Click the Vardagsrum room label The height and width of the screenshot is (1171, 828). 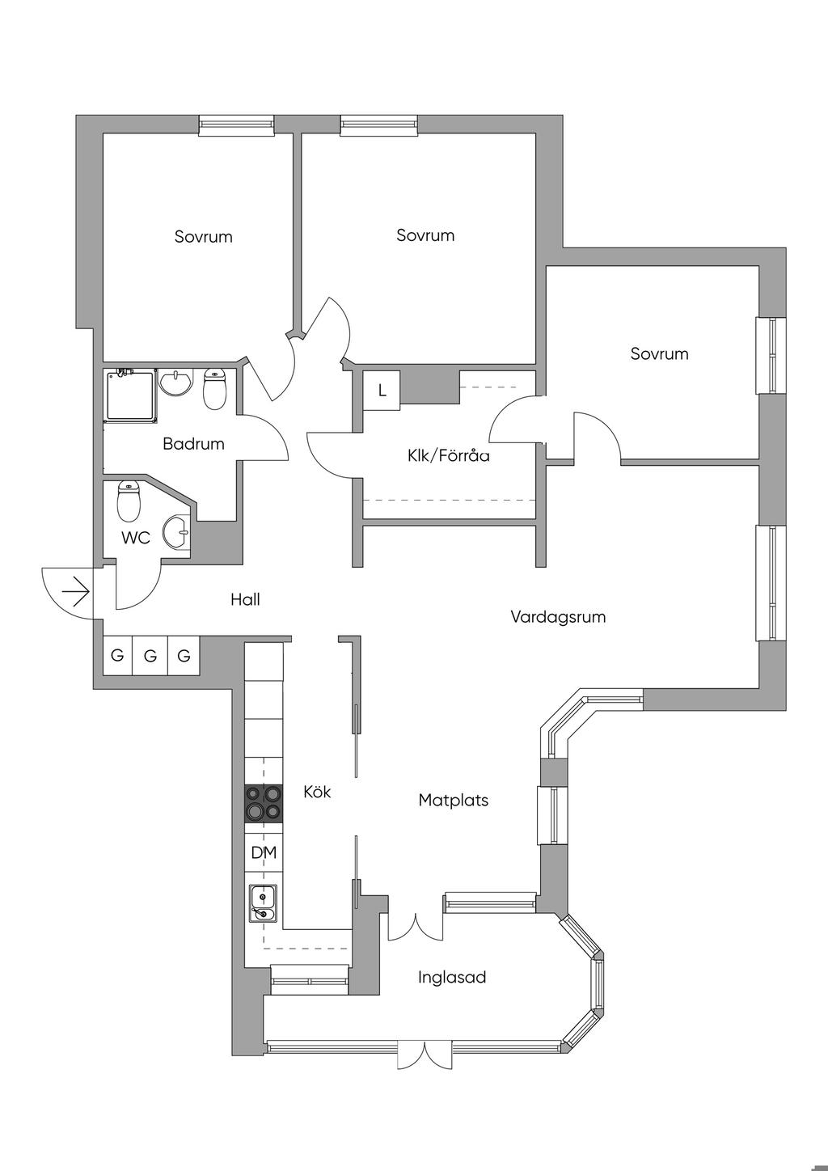click(558, 617)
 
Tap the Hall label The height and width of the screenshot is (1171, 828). click(245, 599)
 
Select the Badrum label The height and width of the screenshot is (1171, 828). click(193, 444)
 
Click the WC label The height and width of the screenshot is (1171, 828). click(135, 538)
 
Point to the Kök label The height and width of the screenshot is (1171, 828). click(317, 792)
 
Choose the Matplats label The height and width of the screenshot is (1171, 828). click(453, 801)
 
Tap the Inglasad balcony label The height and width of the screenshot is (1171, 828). click(452, 978)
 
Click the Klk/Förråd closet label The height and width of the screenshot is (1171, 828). click(449, 456)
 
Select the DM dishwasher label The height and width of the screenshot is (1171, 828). click(264, 853)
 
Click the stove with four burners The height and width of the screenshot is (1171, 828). click(264, 804)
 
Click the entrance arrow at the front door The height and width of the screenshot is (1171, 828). click(76, 591)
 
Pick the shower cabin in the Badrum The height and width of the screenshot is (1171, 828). click(131, 395)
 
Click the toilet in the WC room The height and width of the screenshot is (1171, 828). click(129, 501)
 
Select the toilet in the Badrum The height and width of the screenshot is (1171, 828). click(214, 389)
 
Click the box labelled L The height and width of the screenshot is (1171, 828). click(382, 391)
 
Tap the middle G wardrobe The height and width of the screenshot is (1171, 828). click(150, 655)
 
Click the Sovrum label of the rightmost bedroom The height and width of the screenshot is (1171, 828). click(659, 354)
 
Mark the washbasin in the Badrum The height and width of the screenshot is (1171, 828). click(176, 383)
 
